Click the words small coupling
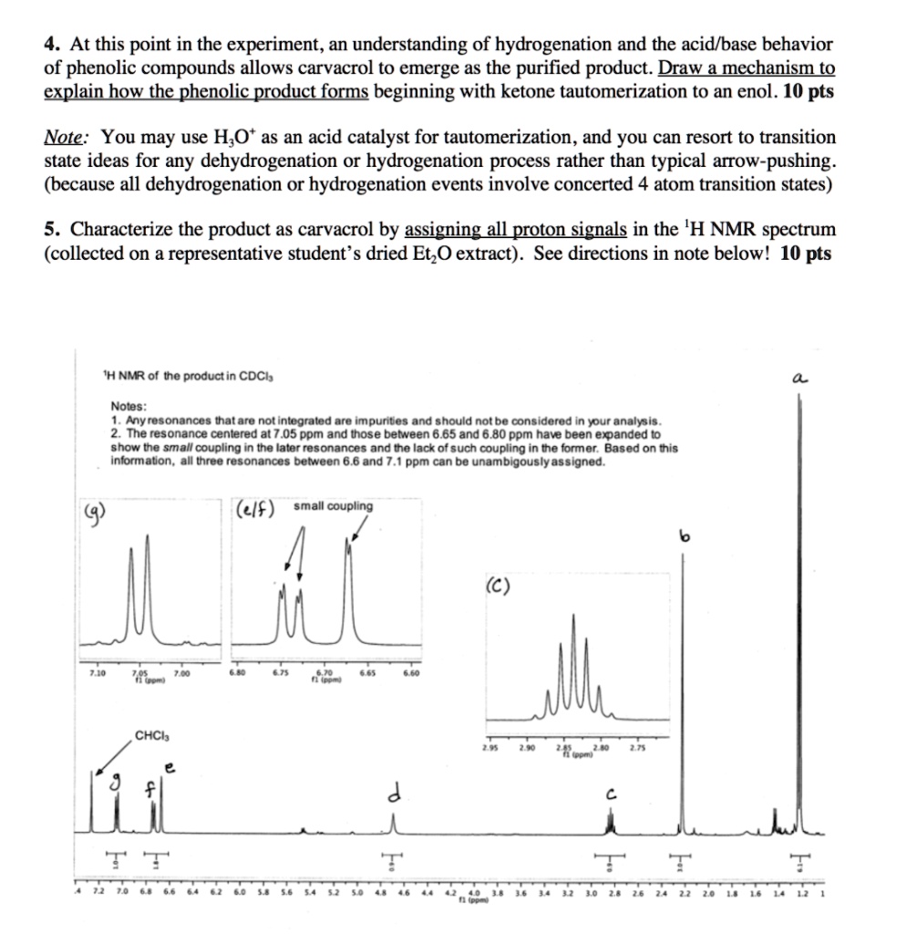pos(333,505)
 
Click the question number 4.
pos(51,44)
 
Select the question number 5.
pos(51,228)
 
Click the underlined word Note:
pos(67,138)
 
